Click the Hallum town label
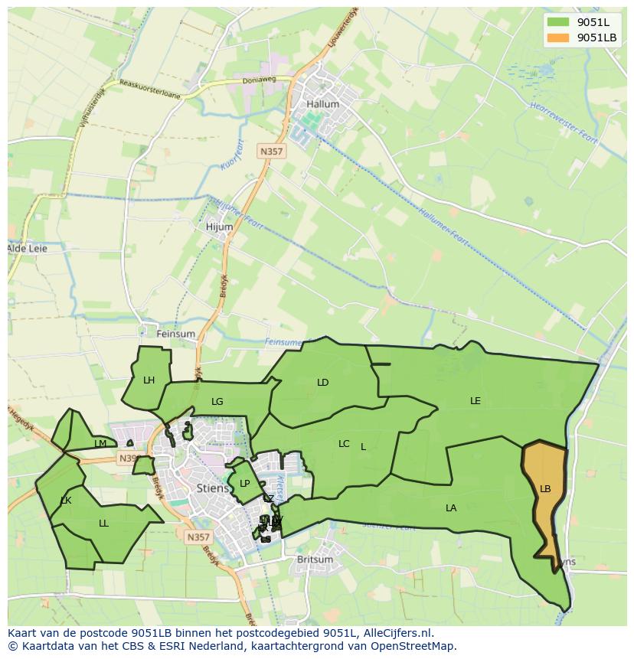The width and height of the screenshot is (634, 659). (x=322, y=104)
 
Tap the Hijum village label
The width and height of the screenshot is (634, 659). (x=219, y=227)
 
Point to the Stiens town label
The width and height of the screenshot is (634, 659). (x=212, y=487)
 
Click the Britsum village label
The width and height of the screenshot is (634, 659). (x=315, y=559)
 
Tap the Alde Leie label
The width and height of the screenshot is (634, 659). (x=27, y=249)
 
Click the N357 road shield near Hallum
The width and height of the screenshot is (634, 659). (x=271, y=152)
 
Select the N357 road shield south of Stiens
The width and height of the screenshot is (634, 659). (x=198, y=537)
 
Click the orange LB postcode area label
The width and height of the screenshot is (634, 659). (x=545, y=489)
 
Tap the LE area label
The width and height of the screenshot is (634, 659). (x=475, y=401)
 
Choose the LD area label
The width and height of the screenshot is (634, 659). (x=323, y=383)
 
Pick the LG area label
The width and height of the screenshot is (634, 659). (x=217, y=402)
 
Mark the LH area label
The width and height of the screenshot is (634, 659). (x=149, y=380)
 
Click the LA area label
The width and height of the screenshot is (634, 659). (x=451, y=508)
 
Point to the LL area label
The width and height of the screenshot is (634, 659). (x=103, y=524)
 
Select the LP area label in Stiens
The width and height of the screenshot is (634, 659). (x=244, y=484)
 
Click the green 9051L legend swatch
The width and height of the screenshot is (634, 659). (x=559, y=22)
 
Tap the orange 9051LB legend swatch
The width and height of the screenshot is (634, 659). (x=559, y=38)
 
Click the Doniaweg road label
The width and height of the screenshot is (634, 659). (x=260, y=79)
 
